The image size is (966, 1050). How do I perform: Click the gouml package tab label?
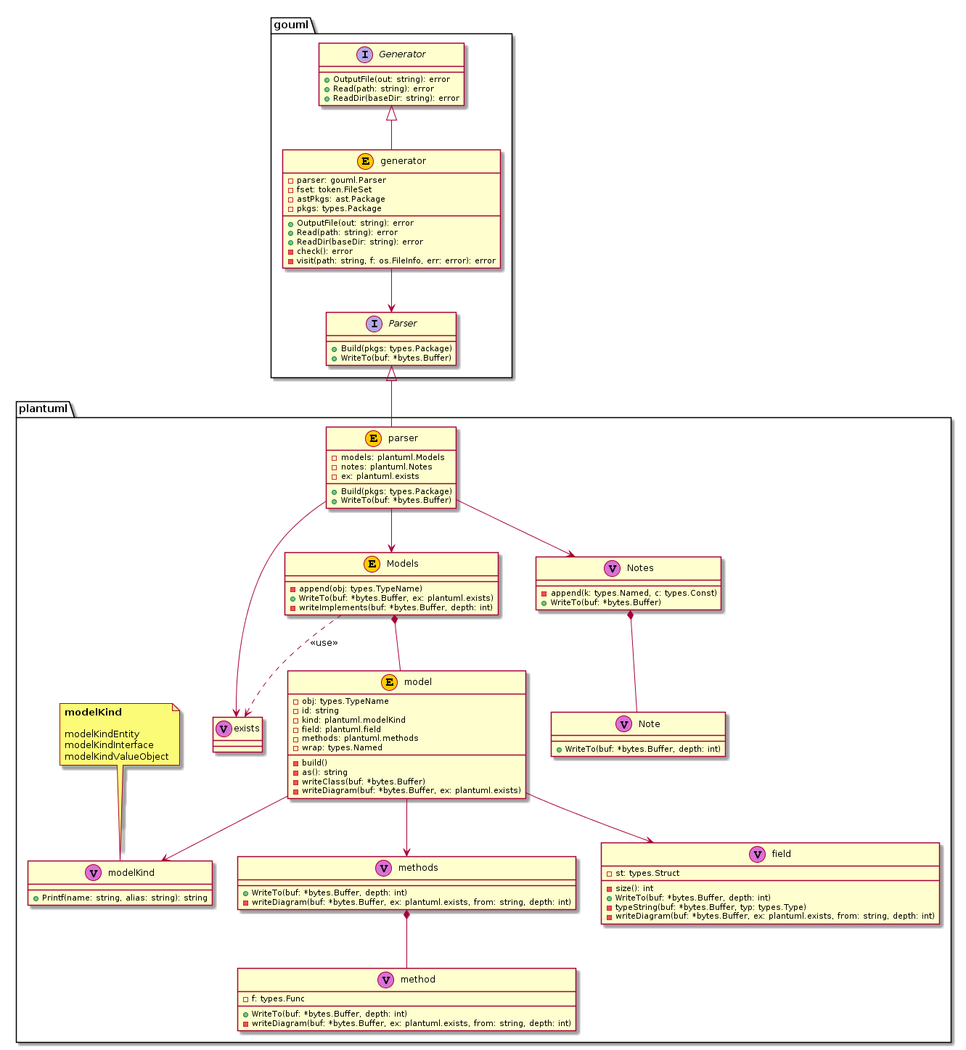click(291, 25)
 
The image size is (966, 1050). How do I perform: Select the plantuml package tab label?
click(43, 409)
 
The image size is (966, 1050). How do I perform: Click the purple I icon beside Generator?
click(364, 54)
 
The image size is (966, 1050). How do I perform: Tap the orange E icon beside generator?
click(365, 161)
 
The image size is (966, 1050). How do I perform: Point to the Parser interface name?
click(403, 324)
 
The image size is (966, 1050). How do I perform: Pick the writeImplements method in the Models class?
click(396, 607)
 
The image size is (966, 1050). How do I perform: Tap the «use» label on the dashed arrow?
click(324, 642)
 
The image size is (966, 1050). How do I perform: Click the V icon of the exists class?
click(224, 729)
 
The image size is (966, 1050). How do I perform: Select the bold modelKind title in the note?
click(93, 712)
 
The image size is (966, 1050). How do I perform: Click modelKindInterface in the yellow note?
click(109, 745)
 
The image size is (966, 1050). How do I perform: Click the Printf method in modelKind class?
click(124, 898)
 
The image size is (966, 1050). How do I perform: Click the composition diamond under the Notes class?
click(630, 615)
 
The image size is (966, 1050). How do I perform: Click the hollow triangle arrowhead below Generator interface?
click(391, 113)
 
